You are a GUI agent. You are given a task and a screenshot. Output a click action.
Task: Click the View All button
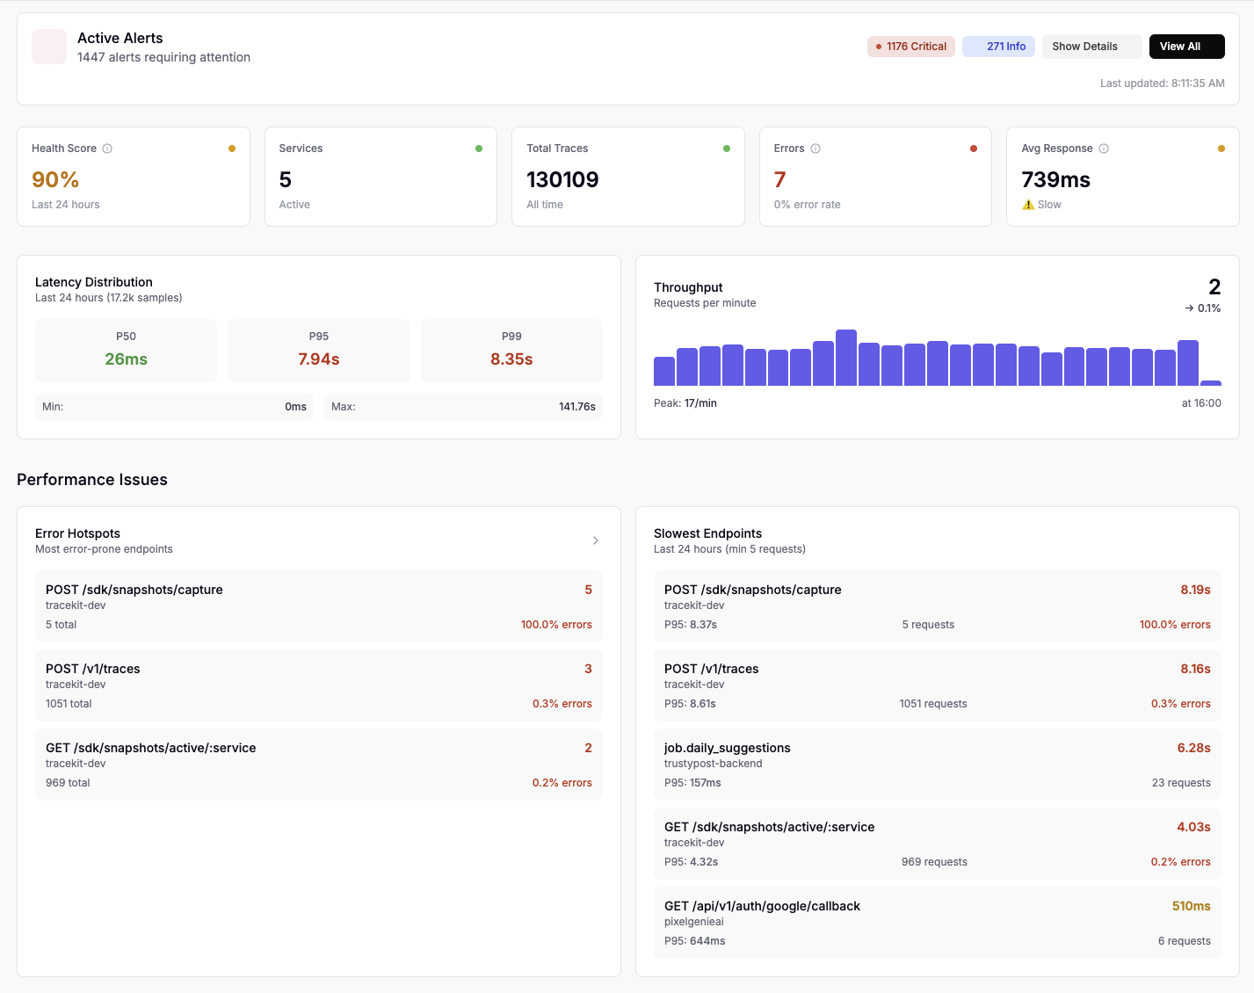coord(1186,47)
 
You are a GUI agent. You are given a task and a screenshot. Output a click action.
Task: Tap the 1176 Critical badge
coord(910,47)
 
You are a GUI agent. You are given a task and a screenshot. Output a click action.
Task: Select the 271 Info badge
coord(998,47)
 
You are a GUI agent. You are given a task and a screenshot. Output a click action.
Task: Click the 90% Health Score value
coord(55,179)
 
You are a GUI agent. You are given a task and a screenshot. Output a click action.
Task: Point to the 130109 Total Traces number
coord(562,179)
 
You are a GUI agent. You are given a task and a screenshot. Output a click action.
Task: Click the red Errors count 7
coord(779,179)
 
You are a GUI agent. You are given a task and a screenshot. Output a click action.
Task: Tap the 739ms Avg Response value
coord(1055,179)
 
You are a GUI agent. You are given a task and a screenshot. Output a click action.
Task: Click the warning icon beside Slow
coord(1028,205)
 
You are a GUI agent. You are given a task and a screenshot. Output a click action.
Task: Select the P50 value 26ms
coord(126,359)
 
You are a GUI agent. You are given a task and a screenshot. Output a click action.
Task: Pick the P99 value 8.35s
coord(511,359)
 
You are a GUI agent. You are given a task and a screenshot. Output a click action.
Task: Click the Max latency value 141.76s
coord(576,407)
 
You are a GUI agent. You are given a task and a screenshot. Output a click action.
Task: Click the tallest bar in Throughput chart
coord(846,358)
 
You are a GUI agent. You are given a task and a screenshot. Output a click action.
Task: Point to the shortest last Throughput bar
coord(1211,383)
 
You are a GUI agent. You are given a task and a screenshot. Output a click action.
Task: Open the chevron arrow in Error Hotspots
coord(596,540)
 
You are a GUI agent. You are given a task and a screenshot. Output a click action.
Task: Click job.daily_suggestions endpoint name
coord(727,748)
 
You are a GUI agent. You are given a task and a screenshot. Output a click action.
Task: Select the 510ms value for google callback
coord(1191,906)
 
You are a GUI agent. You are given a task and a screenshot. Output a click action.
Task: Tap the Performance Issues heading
coord(92,480)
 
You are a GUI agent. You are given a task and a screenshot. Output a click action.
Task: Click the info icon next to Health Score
coord(107,149)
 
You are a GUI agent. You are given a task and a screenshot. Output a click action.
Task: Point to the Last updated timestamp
coord(1162,83)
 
